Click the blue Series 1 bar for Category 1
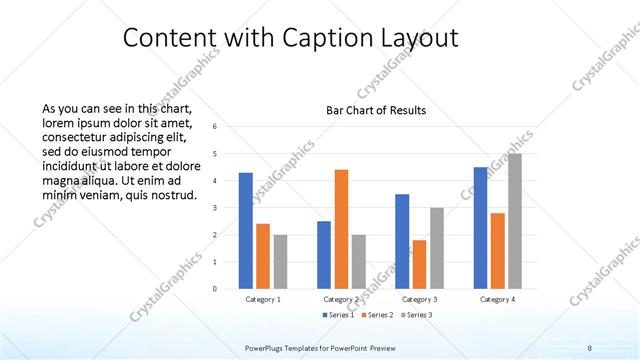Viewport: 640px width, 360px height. click(245, 231)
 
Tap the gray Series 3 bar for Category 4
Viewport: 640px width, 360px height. click(514, 221)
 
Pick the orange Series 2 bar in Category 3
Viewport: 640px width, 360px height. click(419, 264)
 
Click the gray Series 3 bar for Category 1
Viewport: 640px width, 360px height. click(280, 261)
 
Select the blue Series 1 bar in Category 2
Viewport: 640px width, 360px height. click(324, 255)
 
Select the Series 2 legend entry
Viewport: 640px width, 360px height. click(376, 315)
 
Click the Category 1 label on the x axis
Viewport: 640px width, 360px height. click(263, 299)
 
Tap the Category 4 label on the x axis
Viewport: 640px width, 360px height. click(497, 299)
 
